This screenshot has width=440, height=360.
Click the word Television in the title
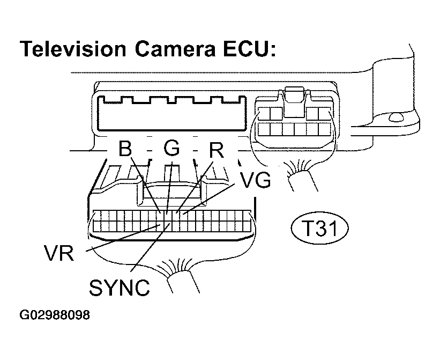(73, 49)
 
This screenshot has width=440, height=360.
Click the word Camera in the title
(175, 49)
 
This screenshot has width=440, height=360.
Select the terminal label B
(125, 148)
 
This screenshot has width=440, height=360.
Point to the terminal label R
(217, 150)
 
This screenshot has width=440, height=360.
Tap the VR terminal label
(58, 253)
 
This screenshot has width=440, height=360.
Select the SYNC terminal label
(120, 287)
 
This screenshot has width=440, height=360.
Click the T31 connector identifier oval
(320, 227)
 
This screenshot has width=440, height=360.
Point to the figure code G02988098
(55, 315)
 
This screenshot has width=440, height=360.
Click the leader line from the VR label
(123, 238)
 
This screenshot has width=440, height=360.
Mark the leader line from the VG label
(209, 199)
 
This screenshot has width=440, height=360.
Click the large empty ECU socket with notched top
(171, 113)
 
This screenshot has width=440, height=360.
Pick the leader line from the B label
(145, 185)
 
